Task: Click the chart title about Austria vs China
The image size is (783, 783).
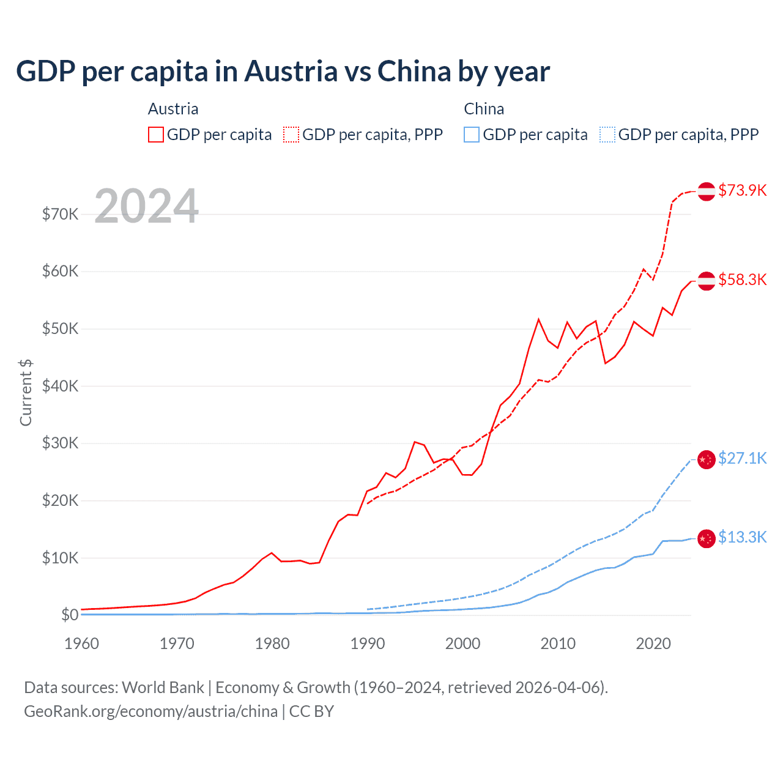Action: pyautogui.click(x=283, y=72)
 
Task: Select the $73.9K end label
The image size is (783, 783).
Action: pyautogui.click(x=742, y=190)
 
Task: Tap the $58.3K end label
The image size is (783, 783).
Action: pyautogui.click(x=742, y=280)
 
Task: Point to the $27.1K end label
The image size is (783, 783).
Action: pyautogui.click(x=742, y=458)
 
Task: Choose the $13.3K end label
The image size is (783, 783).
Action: pyautogui.click(x=742, y=537)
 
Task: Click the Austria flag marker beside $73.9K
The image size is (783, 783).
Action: pyautogui.click(x=707, y=191)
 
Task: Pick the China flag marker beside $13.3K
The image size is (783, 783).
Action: pyautogui.click(x=707, y=538)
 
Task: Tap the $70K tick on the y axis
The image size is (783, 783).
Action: pyautogui.click(x=60, y=214)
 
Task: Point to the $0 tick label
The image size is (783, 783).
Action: pyautogui.click(x=70, y=615)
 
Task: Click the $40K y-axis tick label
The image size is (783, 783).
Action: pyautogui.click(x=60, y=386)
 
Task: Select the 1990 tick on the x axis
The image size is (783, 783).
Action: pyautogui.click(x=368, y=644)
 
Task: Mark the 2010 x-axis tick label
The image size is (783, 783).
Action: pyautogui.click(x=558, y=644)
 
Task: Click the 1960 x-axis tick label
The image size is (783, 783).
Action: pyautogui.click(x=81, y=644)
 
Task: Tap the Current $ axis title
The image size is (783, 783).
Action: pyautogui.click(x=26, y=393)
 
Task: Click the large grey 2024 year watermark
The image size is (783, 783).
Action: pyautogui.click(x=146, y=206)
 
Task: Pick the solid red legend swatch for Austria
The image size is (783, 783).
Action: pyautogui.click(x=156, y=135)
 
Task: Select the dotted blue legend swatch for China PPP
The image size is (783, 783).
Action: pyautogui.click(x=607, y=135)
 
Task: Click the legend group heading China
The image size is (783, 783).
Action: pyautogui.click(x=484, y=109)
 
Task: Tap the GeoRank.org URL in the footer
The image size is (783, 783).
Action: pyautogui.click(x=150, y=711)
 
